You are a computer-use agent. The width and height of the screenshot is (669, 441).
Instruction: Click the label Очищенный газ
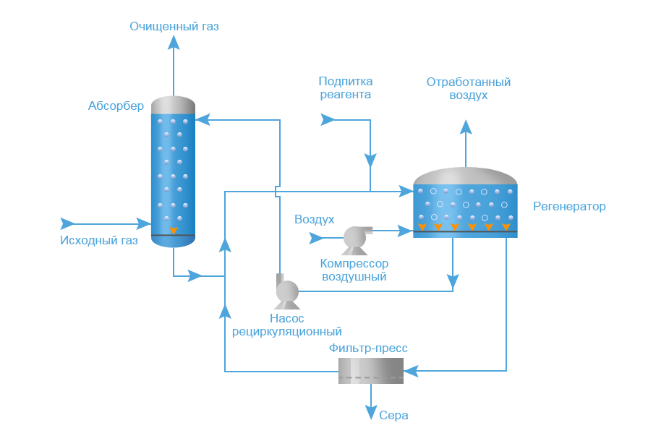click(x=174, y=27)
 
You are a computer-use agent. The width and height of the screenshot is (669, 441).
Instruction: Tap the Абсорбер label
click(x=116, y=106)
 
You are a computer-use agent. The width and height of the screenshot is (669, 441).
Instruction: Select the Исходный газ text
click(x=98, y=241)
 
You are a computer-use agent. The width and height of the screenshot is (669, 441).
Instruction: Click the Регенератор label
click(x=569, y=207)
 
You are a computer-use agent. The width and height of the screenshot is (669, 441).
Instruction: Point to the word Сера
click(x=393, y=416)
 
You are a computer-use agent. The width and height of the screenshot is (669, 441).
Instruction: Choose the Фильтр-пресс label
click(x=368, y=348)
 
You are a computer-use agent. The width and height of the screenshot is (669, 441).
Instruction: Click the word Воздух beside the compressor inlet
click(x=314, y=219)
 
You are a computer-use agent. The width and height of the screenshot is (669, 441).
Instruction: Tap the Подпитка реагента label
click(x=345, y=87)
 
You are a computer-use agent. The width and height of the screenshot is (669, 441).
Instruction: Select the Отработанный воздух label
click(x=468, y=88)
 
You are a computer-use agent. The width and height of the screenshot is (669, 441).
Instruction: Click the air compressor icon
click(x=355, y=239)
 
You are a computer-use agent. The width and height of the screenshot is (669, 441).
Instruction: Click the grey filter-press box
click(x=370, y=371)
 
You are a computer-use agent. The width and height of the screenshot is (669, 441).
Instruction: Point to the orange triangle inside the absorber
click(x=174, y=231)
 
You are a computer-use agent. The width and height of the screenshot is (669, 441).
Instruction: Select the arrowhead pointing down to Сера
click(x=370, y=414)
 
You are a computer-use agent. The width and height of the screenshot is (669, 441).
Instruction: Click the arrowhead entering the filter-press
click(x=410, y=372)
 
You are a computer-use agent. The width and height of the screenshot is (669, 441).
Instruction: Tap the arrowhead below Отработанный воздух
click(x=466, y=127)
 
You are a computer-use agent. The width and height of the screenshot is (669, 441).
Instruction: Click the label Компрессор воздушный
click(x=354, y=270)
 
